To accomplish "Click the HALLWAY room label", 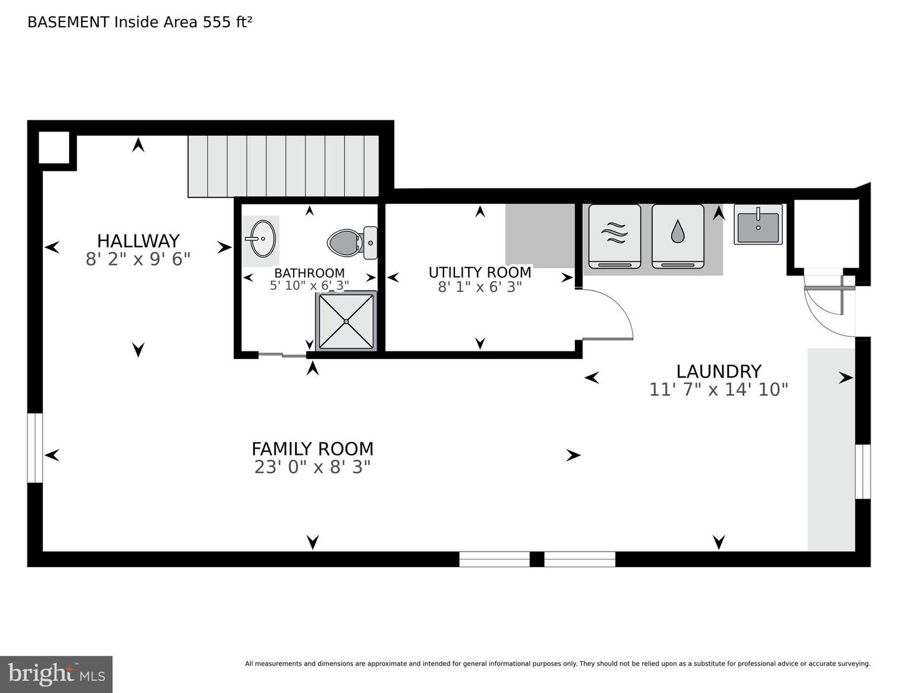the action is pyautogui.click(x=138, y=241).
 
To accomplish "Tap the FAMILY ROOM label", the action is pyautogui.click(x=312, y=449).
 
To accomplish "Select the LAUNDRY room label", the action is pyautogui.click(x=718, y=371).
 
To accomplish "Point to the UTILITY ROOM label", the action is pyautogui.click(x=480, y=272).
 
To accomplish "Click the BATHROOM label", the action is pyautogui.click(x=309, y=273).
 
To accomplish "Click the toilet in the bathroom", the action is pyautogui.click(x=352, y=243).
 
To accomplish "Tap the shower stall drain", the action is pyautogui.click(x=346, y=322).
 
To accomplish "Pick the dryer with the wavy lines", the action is pyautogui.click(x=614, y=236).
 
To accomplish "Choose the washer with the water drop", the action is pyautogui.click(x=678, y=236).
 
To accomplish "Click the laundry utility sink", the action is pyautogui.click(x=758, y=224).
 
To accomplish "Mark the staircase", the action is pyautogui.click(x=284, y=166).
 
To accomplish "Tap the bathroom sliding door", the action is pyautogui.click(x=282, y=355).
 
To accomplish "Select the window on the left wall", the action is pyautogui.click(x=35, y=447).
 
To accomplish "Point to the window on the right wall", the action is pyautogui.click(x=863, y=472).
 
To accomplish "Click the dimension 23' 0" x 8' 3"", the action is pyautogui.click(x=312, y=467).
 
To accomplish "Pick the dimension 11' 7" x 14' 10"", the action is pyautogui.click(x=718, y=390).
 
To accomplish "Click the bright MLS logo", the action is pyautogui.click(x=56, y=674).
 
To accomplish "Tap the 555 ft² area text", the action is pyautogui.click(x=227, y=22).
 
